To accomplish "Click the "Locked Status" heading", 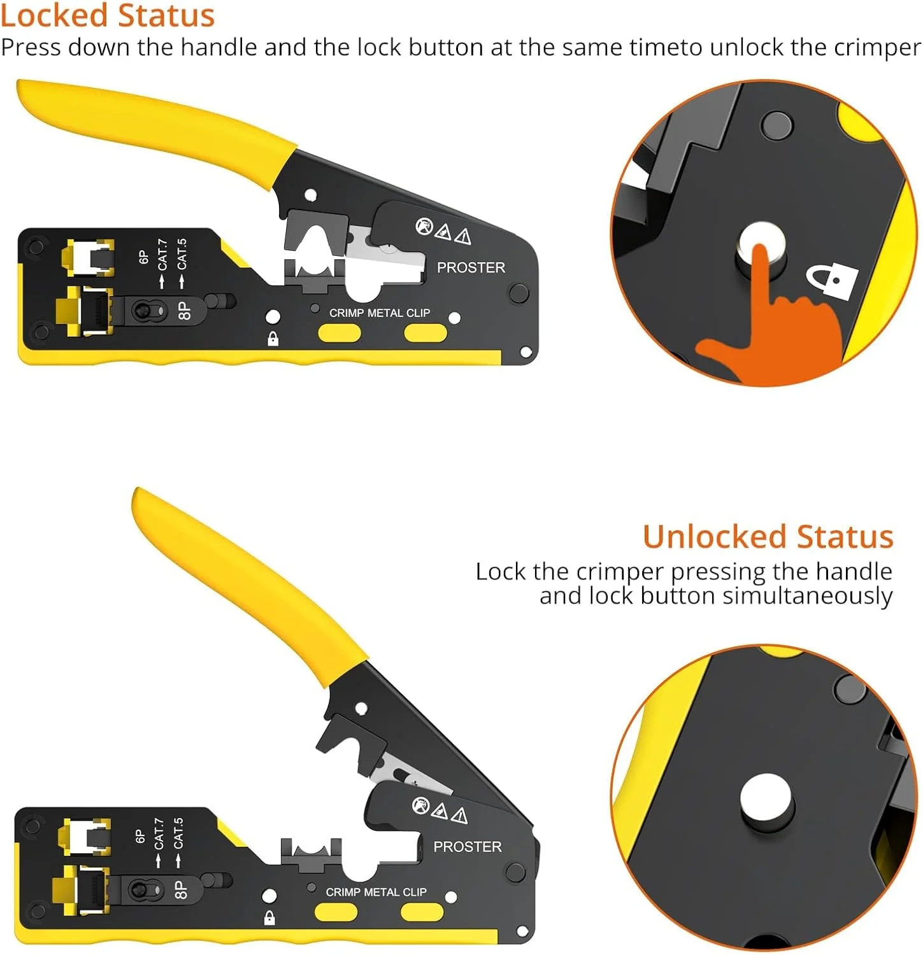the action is [108, 15].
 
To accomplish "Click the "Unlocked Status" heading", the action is [768, 536].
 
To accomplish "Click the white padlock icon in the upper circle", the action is [833, 281].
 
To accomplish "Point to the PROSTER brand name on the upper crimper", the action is [471, 267].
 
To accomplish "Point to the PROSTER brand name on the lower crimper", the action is [468, 847].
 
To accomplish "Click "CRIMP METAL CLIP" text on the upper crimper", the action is [380, 313].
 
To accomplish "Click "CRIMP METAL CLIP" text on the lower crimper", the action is [376, 892].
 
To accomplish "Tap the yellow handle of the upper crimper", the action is [153, 131].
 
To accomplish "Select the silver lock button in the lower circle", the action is [766, 800].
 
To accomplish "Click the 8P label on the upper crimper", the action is [184, 310].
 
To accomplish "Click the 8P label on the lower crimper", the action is [181, 889].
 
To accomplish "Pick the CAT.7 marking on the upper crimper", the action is [163, 254].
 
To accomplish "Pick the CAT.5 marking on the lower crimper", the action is [178, 833].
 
